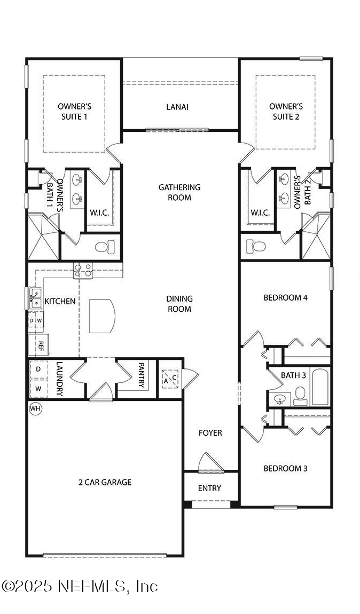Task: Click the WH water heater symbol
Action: (35, 408)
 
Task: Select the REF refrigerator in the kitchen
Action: (40, 345)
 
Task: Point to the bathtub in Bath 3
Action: (320, 387)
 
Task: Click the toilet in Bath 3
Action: (300, 396)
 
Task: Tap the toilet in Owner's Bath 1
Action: (105, 247)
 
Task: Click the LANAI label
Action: (177, 107)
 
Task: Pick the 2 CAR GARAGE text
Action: (105, 482)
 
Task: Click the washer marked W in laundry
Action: (38, 388)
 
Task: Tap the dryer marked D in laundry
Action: (38, 369)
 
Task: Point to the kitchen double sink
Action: (35, 298)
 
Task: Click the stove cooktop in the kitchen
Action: (83, 271)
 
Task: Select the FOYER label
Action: (210, 432)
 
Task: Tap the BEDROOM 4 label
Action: (285, 297)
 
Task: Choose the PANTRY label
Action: (142, 375)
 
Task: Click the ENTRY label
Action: (209, 488)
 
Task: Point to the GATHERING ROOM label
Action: (179, 192)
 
